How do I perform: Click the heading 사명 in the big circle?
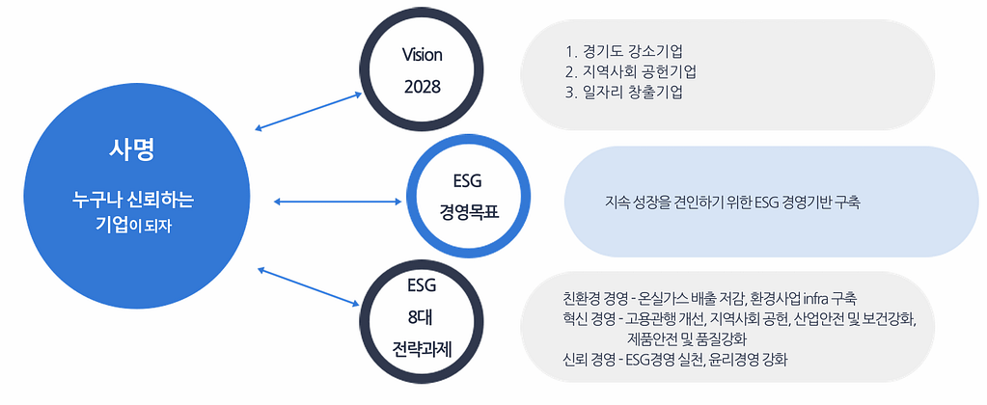tap(132, 151)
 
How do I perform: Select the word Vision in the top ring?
tap(422, 54)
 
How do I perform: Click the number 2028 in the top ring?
tap(422, 86)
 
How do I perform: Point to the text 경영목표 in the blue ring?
tap(467, 210)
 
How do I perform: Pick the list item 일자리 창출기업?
tap(637, 93)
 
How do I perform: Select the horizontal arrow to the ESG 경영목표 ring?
tap(338, 202)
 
